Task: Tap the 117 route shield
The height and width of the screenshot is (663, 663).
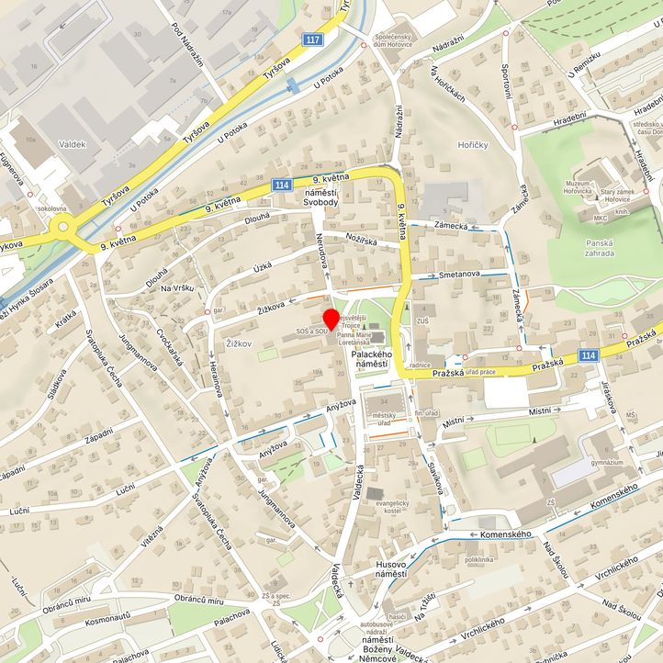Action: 314,39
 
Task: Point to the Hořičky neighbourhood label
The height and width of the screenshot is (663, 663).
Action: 473,145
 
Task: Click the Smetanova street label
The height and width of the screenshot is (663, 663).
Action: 460,274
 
